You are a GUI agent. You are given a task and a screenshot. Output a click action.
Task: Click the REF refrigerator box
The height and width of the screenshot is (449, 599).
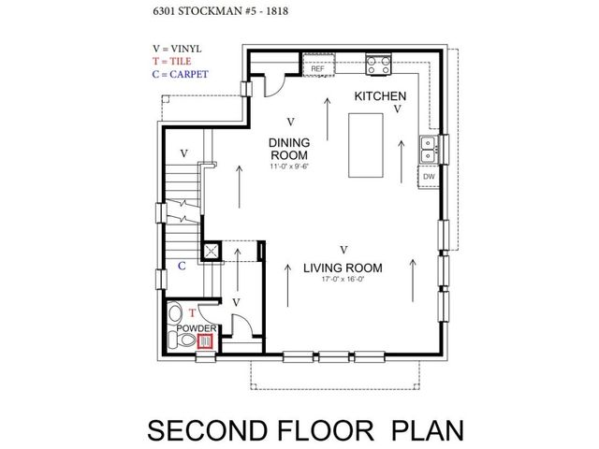(x=318, y=65)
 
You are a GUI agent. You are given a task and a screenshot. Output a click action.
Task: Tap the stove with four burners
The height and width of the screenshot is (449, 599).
(x=378, y=65)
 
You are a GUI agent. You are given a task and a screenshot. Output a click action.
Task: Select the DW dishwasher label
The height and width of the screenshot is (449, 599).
(x=429, y=177)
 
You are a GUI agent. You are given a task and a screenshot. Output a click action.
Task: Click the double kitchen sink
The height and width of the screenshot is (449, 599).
(x=428, y=150)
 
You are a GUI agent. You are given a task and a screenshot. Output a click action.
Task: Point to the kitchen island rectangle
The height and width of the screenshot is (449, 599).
(x=366, y=145)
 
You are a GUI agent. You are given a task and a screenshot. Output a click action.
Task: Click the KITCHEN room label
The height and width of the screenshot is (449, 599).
(x=380, y=96)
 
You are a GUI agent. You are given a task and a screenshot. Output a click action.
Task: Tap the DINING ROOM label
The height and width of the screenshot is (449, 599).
(x=289, y=149)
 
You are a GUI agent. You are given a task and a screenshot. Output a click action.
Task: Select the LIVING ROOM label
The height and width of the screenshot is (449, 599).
(x=343, y=268)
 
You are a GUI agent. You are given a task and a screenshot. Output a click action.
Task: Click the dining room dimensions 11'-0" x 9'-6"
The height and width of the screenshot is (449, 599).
(x=289, y=167)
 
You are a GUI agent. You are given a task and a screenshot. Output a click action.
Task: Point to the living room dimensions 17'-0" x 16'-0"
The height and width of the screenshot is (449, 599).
(x=343, y=279)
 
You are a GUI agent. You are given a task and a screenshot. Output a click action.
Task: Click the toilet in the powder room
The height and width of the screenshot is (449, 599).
(x=182, y=339)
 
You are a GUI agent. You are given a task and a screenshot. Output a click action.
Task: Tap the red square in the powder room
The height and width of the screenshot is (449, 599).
(x=205, y=340)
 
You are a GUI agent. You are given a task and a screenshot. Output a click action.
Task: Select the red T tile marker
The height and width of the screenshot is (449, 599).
(x=192, y=313)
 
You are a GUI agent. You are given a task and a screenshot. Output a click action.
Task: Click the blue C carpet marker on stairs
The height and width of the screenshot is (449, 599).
(x=182, y=266)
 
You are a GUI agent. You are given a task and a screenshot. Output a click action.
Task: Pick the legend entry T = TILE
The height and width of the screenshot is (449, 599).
(x=172, y=61)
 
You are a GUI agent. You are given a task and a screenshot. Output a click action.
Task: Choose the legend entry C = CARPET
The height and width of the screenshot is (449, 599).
(x=181, y=74)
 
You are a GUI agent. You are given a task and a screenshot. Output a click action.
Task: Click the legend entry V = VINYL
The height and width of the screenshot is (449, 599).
(x=177, y=49)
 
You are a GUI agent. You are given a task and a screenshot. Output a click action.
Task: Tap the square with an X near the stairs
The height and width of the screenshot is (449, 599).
(x=211, y=251)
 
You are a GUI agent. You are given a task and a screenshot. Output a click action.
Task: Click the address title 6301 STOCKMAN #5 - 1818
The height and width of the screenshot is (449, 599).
(x=221, y=11)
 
